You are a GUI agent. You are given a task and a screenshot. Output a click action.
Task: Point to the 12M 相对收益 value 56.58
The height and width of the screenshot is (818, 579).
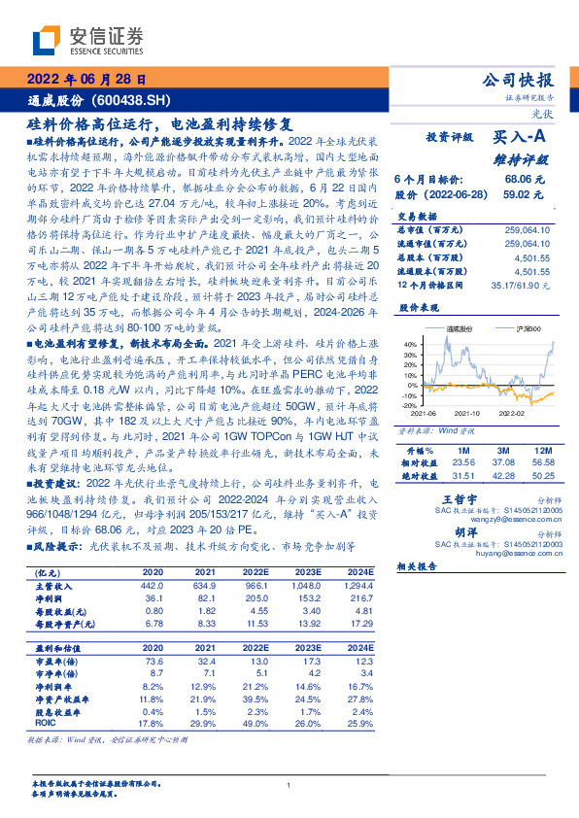541,462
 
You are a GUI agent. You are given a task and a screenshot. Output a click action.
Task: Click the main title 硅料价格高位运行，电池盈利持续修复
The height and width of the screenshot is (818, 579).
158,125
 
